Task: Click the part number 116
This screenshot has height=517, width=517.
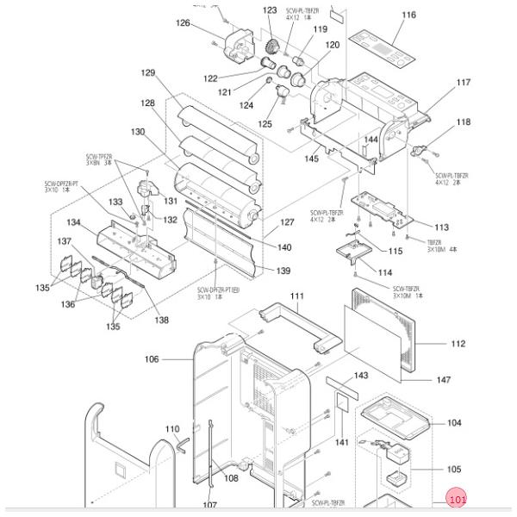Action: tap(408, 15)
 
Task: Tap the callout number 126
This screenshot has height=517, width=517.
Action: tap(183, 22)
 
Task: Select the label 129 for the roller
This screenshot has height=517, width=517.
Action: tap(148, 73)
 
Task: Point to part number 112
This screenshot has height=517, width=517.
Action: tap(458, 344)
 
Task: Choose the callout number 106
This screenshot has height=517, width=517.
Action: tap(153, 359)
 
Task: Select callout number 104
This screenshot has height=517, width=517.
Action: tap(454, 423)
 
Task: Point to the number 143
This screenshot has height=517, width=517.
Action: tap(362, 376)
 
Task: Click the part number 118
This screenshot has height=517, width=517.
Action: tap(464, 123)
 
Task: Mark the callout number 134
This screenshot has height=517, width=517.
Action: tap(74, 222)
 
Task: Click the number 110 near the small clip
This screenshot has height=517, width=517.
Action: tap(172, 428)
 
